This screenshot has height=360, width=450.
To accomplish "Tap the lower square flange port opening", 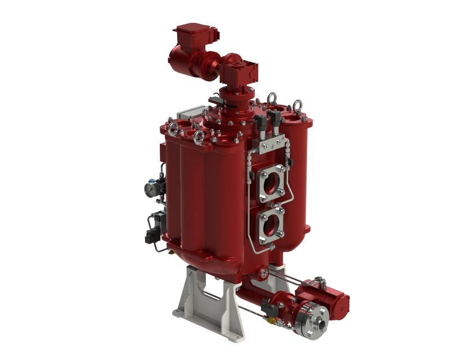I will pos(271,224).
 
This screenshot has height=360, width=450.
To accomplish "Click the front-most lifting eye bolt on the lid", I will pos(199,137).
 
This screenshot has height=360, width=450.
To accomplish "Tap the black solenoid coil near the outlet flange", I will pos(268,308).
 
